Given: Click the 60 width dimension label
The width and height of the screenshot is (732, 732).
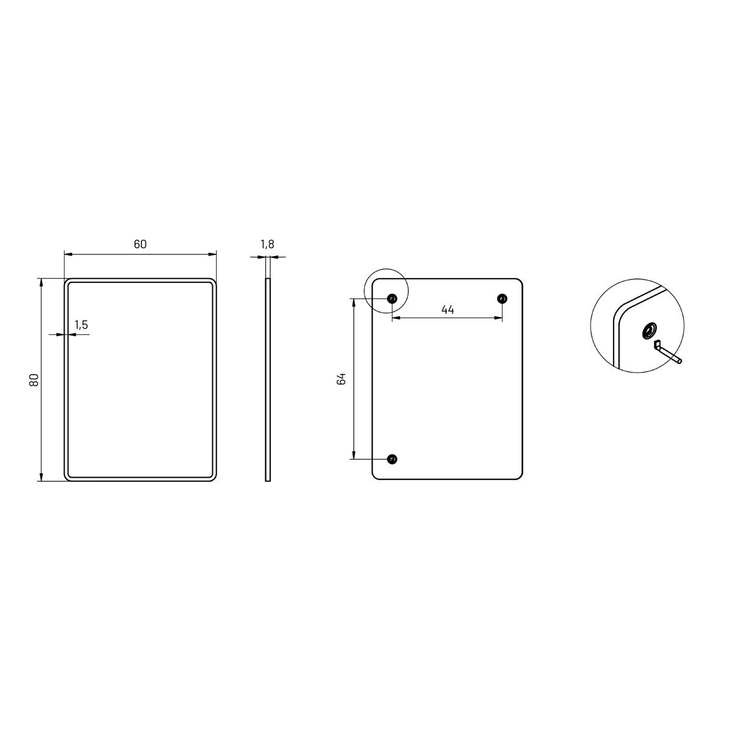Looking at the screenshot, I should point(140,244).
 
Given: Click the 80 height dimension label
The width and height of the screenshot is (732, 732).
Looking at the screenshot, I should point(34,379).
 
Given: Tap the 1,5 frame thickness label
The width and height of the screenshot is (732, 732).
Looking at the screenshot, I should point(81,325).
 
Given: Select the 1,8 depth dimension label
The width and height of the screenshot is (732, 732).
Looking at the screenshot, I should point(267,245).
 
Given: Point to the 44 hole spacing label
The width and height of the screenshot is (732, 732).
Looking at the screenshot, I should point(447,310).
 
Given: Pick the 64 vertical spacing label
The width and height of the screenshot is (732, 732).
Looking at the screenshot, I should point(342,378).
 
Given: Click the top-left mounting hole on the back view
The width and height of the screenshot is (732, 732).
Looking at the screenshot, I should point(392,298).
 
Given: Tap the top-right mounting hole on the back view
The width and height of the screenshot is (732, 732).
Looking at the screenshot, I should point(501,298).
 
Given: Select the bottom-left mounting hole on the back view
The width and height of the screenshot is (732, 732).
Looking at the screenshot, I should point(392,459).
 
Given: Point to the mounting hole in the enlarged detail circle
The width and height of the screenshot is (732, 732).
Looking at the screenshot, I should point(648,331).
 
